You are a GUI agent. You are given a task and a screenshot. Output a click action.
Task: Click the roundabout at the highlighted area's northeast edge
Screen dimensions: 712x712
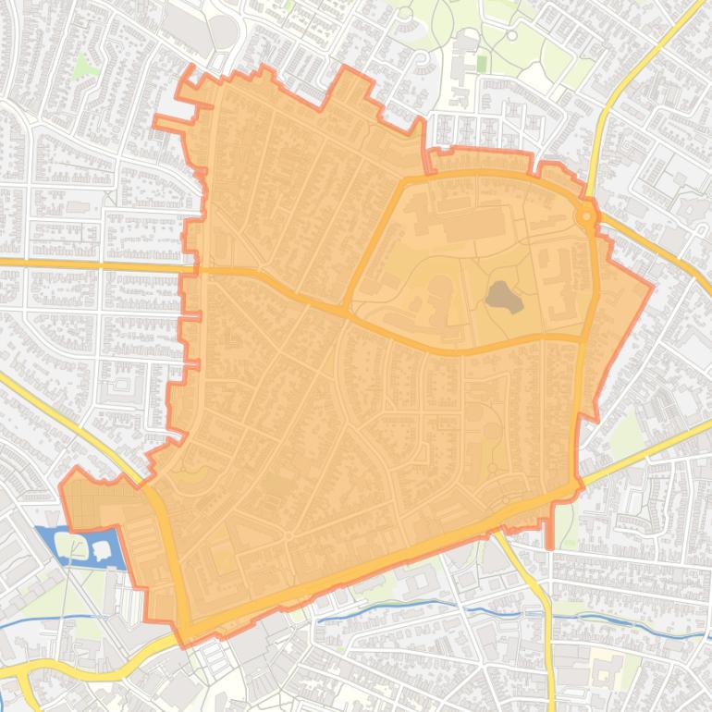(586, 216)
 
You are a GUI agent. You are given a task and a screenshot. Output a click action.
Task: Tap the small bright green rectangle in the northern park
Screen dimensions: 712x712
(481, 63)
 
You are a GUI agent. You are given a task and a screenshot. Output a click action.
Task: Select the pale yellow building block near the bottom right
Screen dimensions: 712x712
(606, 665)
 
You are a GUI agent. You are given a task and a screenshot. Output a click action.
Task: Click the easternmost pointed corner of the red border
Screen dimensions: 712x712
(652, 286)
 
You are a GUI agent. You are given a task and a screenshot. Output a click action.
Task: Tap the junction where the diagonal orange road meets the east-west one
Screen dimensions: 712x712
(348, 309)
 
